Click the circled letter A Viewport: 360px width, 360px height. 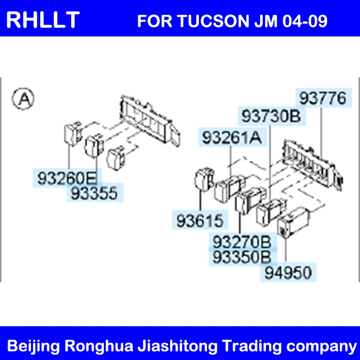click(23, 99)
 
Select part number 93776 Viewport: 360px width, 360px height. click(323, 98)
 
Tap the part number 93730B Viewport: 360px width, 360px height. click(271, 116)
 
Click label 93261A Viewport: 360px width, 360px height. click(232, 138)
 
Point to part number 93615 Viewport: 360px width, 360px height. click(200, 220)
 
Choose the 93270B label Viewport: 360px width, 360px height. click(242, 242)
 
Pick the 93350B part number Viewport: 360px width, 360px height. click(242, 257)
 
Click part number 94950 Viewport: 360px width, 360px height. click(288, 273)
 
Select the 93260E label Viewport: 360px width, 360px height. click(67, 178)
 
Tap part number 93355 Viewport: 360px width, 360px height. click(94, 193)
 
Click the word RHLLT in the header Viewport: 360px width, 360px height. click(43, 20)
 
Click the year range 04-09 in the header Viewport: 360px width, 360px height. click(305, 21)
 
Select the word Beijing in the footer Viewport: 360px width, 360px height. click(33, 346)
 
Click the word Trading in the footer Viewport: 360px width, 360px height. click(252, 346)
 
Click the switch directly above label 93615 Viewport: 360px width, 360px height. click(204, 180)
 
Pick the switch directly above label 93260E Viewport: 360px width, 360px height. click(72, 134)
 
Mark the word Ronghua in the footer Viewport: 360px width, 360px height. click(99, 346)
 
